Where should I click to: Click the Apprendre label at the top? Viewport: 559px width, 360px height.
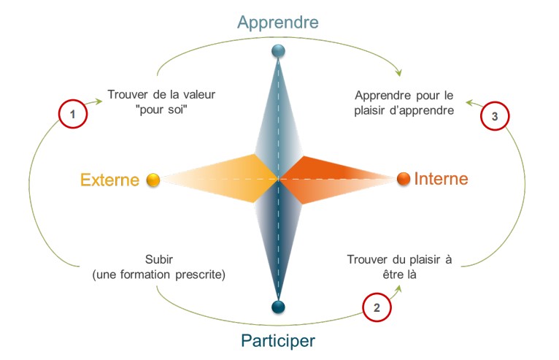(278, 22)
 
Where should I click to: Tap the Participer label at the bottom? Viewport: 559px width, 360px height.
(279, 340)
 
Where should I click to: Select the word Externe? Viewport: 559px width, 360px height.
(110, 180)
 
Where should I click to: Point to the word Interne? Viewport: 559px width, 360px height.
(442, 179)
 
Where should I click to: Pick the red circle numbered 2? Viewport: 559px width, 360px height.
(377, 307)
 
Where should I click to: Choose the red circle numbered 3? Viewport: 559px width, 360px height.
(495, 115)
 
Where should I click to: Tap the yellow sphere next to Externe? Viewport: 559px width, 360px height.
(153, 180)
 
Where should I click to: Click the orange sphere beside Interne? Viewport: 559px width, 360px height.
(403, 178)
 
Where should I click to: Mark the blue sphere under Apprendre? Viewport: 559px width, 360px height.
(278, 51)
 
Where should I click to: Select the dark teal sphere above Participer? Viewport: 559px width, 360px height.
(278, 307)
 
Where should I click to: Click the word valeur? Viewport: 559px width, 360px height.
(198, 95)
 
